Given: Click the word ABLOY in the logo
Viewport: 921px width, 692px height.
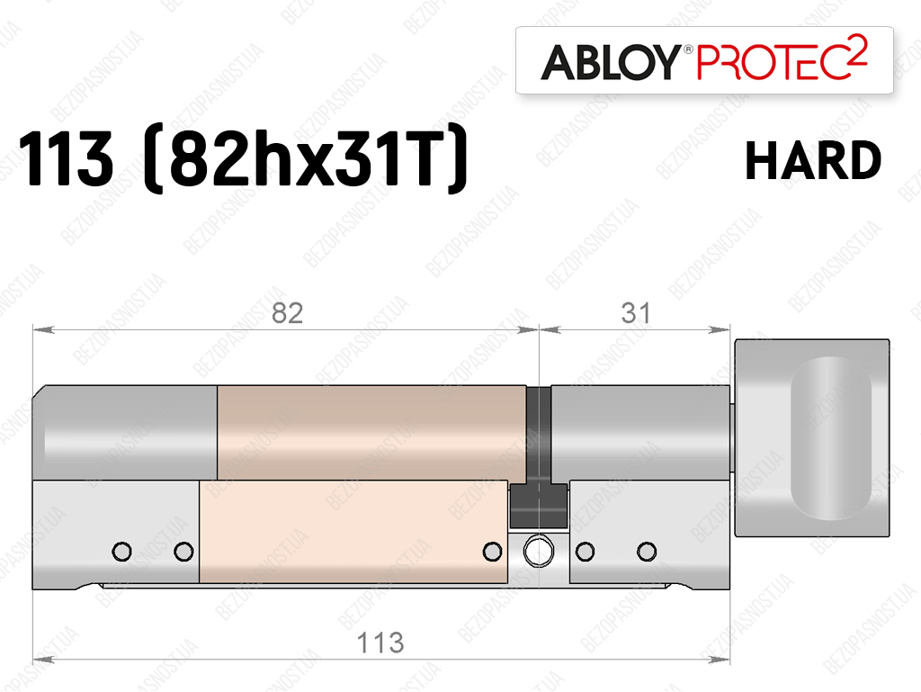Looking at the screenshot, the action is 611,62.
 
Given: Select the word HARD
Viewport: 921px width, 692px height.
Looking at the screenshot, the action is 813,160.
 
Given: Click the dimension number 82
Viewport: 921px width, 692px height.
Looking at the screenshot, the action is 287,313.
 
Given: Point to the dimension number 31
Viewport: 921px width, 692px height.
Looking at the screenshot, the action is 636,313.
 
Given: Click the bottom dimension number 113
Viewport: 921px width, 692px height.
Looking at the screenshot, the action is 380,643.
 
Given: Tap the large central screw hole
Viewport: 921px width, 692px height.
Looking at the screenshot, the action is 538,552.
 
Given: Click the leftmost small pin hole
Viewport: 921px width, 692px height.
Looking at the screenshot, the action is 121,552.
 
